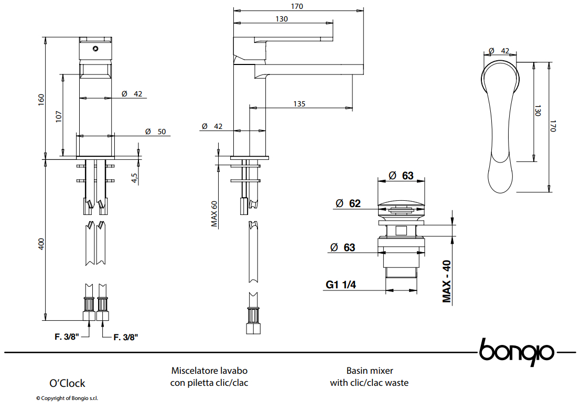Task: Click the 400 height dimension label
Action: tap(41, 244)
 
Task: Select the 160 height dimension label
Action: tap(41, 99)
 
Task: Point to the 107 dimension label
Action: tap(59, 116)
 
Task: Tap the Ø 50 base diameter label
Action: tap(156, 132)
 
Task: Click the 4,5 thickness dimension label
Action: tap(134, 178)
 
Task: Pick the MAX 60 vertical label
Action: tap(214, 214)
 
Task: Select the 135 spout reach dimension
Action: tap(299, 104)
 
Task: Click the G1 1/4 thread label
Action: tap(340, 285)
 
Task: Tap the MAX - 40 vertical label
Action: tap(446, 282)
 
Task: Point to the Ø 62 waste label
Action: tap(348, 203)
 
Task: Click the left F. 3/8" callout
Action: tap(67, 337)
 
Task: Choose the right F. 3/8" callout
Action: tap(126, 337)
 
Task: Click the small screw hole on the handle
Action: tap(95, 49)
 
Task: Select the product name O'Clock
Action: tap(67, 383)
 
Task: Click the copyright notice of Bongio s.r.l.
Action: tap(67, 398)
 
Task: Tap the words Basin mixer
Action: tap(370, 371)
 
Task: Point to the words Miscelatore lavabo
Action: tap(209, 371)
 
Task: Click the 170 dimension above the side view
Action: tap(297, 6)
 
